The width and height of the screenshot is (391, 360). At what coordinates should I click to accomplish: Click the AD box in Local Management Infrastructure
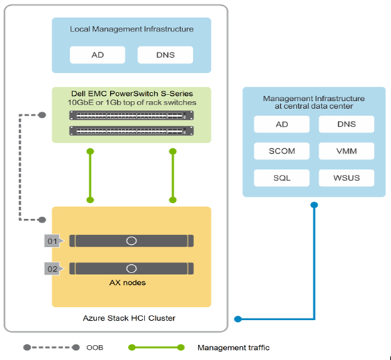pyautogui.click(x=97, y=55)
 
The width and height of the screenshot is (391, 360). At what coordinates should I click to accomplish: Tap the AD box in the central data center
pyautogui.click(x=282, y=125)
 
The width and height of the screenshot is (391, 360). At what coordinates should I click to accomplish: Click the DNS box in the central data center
pyautogui.click(x=346, y=125)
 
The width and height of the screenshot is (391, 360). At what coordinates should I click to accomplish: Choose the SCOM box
pyautogui.click(x=282, y=152)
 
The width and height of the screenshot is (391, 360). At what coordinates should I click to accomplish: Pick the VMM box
pyautogui.click(x=346, y=152)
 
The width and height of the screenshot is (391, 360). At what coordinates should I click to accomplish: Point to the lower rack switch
pyautogui.click(x=131, y=130)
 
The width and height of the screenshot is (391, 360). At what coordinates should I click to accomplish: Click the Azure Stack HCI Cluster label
pyautogui.click(x=131, y=317)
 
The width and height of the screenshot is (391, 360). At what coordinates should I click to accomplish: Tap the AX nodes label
pyautogui.click(x=131, y=283)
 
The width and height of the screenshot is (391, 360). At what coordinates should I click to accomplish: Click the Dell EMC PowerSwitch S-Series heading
pyautogui.click(x=131, y=93)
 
